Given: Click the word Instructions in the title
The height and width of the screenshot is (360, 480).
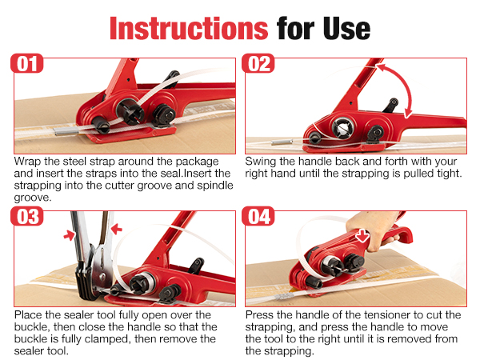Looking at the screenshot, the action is click(x=189, y=29).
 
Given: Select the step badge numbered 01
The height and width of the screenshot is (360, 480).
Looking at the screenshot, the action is click(x=27, y=64).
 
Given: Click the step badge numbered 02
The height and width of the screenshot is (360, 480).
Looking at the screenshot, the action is click(x=258, y=64).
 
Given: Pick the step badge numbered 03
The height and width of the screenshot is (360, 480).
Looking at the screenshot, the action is click(x=27, y=217).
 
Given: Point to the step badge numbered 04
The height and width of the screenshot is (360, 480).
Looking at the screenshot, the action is click(x=258, y=217).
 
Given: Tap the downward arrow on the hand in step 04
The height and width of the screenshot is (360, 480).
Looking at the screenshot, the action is click(x=362, y=236).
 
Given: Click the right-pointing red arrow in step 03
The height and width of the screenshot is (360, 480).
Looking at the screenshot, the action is click(x=70, y=235).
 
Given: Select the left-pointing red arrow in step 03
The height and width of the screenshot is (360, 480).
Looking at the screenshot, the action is click(x=116, y=229).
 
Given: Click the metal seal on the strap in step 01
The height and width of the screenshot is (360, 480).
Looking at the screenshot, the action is click(x=66, y=132).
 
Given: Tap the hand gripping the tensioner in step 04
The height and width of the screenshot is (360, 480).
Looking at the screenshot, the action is click(x=372, y=230).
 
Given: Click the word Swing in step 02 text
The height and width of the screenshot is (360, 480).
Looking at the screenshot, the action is click(x=261, y=162).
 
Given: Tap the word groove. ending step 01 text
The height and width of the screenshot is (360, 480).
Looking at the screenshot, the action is click(x=33, y=198).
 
